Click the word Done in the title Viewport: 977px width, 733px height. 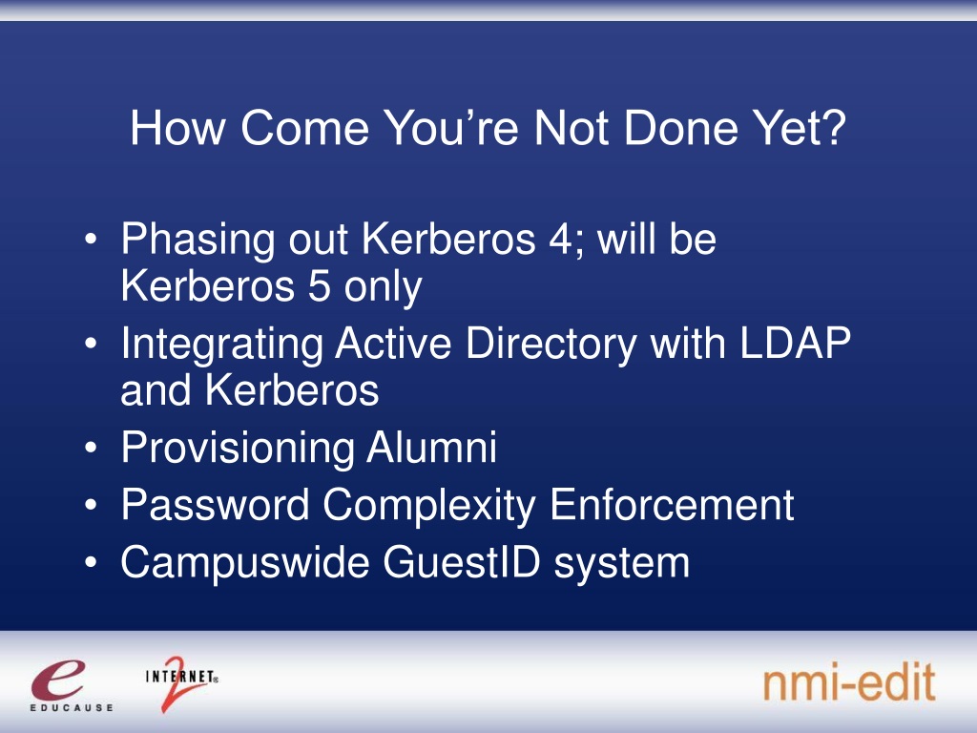coord(680,128)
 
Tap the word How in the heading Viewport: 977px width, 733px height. coord(177,128)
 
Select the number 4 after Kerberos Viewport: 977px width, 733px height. coord(560,239)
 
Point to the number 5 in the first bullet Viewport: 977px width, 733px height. coord(319,286)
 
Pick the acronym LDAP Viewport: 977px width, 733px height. coord(795,343)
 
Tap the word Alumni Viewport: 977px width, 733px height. coord(432,448)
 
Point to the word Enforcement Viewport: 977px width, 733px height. coord(673,505)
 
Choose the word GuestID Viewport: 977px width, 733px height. coord(462,562)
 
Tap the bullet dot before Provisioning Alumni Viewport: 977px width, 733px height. coord(91,449)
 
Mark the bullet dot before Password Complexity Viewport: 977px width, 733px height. coord(91,506)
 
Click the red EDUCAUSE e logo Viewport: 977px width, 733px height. coord(59,681)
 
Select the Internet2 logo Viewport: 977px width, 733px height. coord(180,683)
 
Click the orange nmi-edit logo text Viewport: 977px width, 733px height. coord(849,681)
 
